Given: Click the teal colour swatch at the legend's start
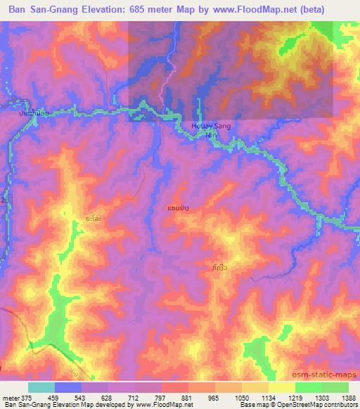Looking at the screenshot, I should pyautogui.click(x=41, y=387).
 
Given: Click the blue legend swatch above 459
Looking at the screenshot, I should pyautogui.click(x=68, y=387).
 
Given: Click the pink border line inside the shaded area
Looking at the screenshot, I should pyautogui.click(x=167, y=88).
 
